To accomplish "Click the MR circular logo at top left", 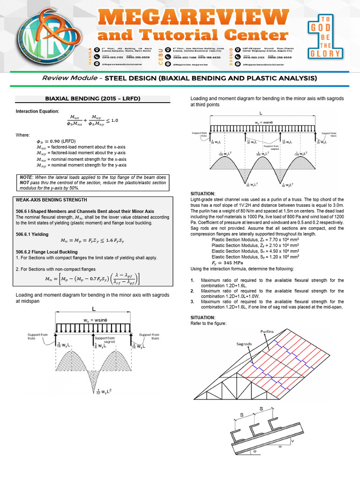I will point(36,34).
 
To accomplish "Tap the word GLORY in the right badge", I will point(329,53).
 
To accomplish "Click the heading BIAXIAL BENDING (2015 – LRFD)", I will point(92,99).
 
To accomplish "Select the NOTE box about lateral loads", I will point(92,183).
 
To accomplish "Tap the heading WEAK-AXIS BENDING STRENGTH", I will point(52,200).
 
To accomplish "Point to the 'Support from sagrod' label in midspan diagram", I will point(106,340).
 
